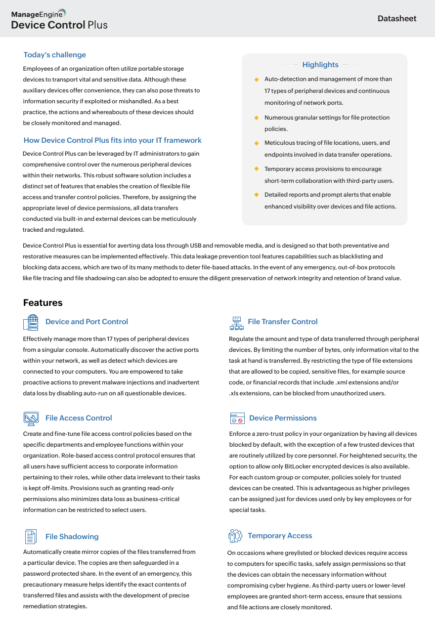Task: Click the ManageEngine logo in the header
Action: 39,13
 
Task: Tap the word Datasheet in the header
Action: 397,19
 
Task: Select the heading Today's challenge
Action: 55,55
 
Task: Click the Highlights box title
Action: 320,65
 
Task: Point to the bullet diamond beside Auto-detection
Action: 257,79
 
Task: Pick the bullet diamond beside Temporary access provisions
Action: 257,169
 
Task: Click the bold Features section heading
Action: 43,303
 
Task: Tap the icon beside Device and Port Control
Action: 31,322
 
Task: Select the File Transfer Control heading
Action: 283,322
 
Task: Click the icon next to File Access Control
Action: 31,418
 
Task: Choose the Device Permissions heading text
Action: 283,418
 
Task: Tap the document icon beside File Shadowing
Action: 31,537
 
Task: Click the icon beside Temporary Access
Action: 235,536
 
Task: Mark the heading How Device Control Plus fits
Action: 113,140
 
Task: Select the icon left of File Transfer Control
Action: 237,323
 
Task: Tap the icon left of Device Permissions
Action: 237,419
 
